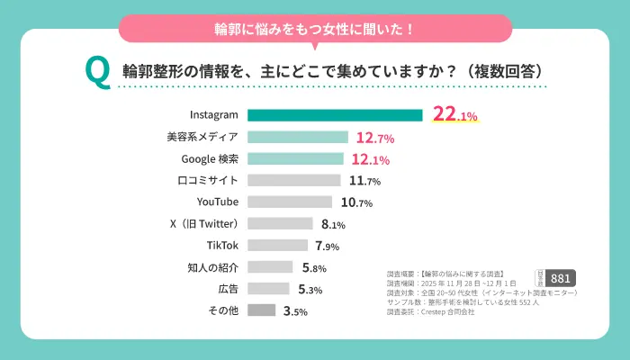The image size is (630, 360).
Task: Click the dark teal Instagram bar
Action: click(x=335, y=115)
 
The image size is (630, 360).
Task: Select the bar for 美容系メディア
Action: click(x=297, y=138)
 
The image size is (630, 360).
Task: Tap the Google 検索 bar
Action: click(x=295, y=159)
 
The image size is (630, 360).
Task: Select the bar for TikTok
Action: click(x=278, y=245)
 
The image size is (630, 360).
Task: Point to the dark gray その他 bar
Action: click(x=261, y=310)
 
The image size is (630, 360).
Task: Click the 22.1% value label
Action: click(x=455, y=115)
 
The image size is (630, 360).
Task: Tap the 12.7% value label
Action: click(x=375, y=139)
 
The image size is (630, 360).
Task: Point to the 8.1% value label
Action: click(x=330, y=224)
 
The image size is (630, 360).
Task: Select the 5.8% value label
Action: click(x=313, y=267)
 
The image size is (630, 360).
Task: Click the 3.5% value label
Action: click(x=295, y=311)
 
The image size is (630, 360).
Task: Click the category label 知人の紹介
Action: click(x=213, y=266)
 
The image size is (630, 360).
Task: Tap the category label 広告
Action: click(x=228, y=289)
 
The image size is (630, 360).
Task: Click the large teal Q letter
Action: click(x=96, y=72)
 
